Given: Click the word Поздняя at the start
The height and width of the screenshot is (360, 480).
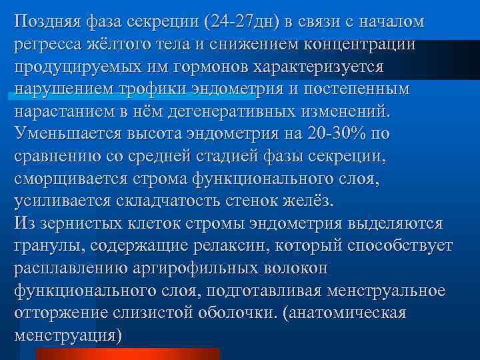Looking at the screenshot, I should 47,22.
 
